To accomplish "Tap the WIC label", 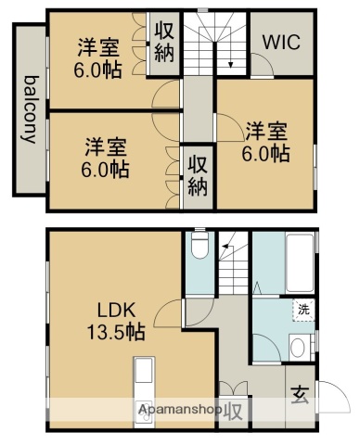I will (x=280, y=43).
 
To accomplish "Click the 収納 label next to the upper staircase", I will (x=164, y=43).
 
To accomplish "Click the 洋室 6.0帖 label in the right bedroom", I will (x=266, y=141).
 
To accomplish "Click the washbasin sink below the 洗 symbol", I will (x=297, y=349).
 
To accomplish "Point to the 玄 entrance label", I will (x=303, y=395).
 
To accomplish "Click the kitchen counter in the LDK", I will (x=145, y=389).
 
